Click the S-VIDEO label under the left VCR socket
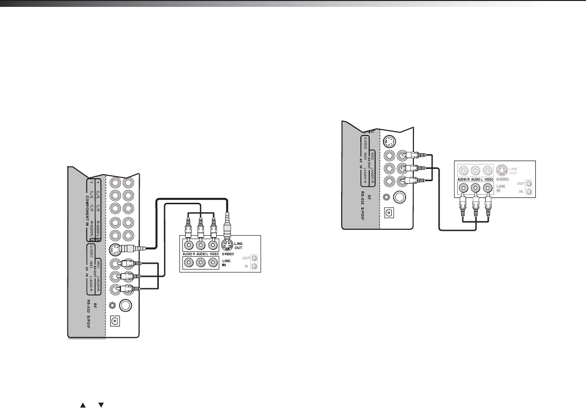click(227, 254)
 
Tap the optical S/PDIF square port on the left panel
click(116, 322)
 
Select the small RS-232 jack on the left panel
click(114, 305)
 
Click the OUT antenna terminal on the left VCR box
click(254, 258)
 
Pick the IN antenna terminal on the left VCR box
click(254, 266)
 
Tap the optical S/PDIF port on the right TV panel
click(389, 213)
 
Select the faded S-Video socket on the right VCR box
click(501, 171)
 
